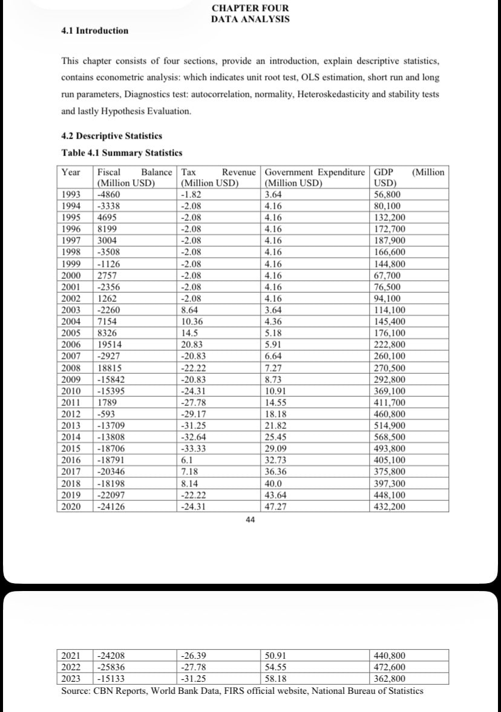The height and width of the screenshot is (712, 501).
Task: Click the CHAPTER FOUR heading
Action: coord(250,8)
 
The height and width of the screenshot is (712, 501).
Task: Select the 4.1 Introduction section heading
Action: coord(95,31)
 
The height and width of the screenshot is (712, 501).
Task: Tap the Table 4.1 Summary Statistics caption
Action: coord(122,152)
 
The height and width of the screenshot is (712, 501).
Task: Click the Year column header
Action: coord(71,172)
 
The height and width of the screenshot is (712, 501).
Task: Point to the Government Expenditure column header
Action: coord(315,172)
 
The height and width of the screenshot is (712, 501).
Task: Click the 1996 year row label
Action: coord(71,229)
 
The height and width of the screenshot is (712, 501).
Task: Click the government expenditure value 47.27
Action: coord(276,506)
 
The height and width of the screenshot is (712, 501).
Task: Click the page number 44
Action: coord(250,520)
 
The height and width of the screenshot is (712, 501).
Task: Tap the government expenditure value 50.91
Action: coord(276,655)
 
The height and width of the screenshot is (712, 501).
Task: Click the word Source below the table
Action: coord(76,690)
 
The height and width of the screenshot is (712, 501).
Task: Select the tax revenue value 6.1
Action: coord(188,460)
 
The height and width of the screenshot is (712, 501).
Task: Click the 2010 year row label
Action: coord(71,391)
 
